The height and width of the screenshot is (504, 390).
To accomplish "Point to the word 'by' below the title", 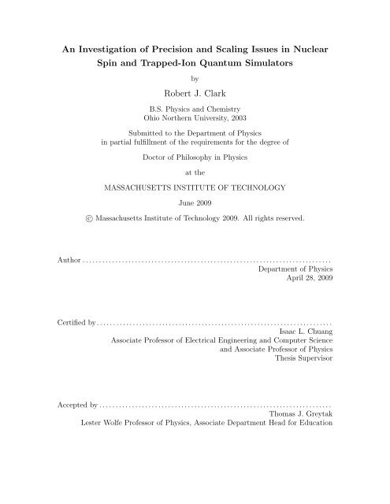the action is (x=195, y=78).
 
